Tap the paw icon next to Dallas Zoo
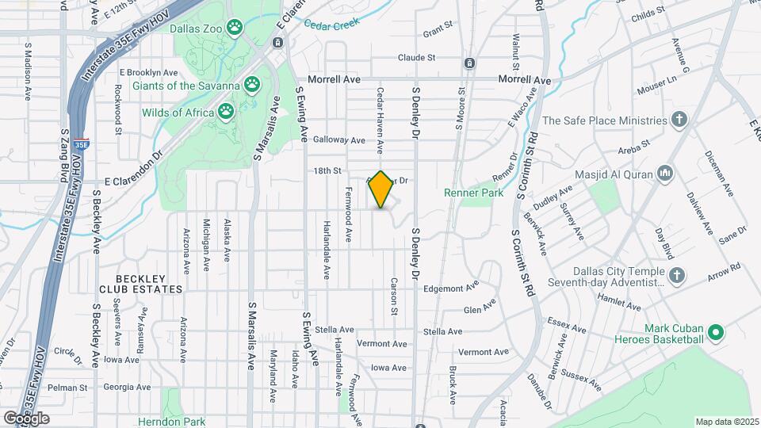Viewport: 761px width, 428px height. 235,29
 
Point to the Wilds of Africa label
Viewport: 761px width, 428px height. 178,113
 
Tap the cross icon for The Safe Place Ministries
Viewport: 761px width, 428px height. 678,120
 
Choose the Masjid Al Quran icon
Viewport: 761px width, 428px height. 665,174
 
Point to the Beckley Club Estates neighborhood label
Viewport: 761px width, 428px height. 150,284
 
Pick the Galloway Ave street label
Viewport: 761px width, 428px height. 338,139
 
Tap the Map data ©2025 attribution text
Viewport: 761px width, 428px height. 726,422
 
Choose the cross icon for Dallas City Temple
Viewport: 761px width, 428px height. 676,274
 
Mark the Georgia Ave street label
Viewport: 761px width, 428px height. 127,387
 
